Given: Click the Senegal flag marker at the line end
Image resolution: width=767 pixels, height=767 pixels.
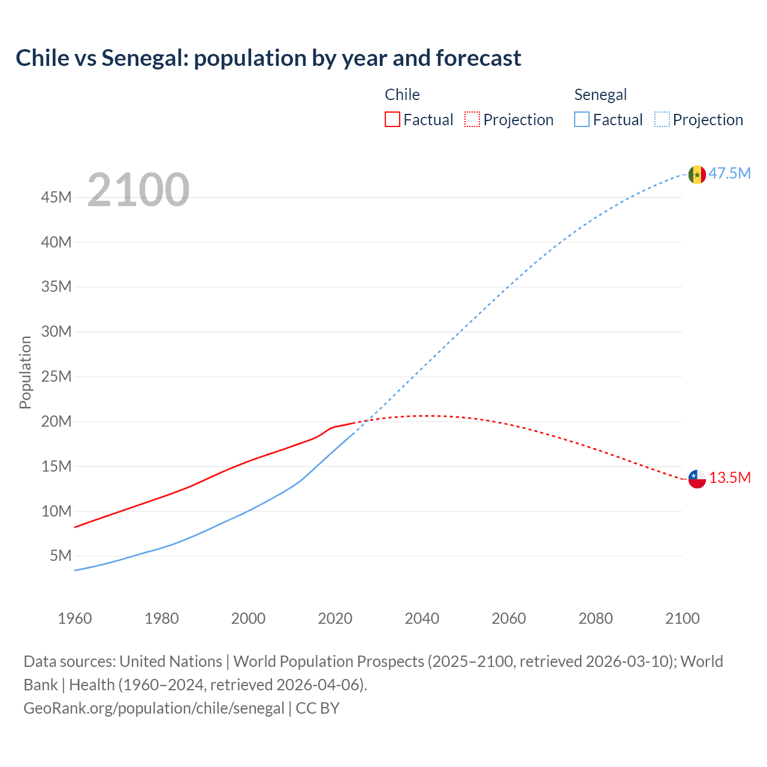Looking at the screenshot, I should click(x=697, y=174).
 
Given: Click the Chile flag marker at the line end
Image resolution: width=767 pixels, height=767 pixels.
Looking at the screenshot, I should click(x=697, y=479).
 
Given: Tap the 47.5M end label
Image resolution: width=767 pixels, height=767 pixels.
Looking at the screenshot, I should click(x=729, y=174).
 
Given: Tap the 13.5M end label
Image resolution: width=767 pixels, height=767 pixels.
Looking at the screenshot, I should click(x=729, y=478).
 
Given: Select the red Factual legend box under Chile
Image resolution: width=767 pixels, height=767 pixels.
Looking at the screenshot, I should click(x=392, y=119).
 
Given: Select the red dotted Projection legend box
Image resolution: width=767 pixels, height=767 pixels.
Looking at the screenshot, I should click(x=472, y=119).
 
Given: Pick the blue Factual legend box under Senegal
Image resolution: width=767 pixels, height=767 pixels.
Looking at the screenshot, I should click(x=581, y=119).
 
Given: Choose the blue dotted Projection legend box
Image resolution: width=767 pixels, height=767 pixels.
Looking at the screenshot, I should click(x=662, y=119).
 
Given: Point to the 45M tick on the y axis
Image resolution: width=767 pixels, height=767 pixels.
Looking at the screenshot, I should click(x=56, y=197).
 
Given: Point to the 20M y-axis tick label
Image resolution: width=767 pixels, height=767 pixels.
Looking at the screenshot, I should click(x=56, y=421).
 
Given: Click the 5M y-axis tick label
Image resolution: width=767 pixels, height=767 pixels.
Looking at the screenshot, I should click(x=61, y=555).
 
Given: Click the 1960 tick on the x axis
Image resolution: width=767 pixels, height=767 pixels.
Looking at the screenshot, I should click(x=75, y=618).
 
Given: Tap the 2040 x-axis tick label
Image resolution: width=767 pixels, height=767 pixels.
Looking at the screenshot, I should click(x=422, y=618).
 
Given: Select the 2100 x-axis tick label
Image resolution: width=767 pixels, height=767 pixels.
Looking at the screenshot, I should click(x=682, y=618).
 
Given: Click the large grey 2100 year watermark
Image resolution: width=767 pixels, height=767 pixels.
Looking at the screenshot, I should click(x=138, y=190).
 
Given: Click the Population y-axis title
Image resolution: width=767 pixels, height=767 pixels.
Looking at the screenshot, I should click(x=25, y=372).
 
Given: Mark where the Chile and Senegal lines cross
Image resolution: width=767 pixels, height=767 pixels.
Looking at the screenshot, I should click(x=366, y=420).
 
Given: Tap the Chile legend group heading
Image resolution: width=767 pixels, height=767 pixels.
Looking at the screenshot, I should click(x=402, y=95).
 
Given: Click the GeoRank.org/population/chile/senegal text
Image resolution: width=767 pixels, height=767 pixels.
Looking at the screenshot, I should click(x=154, y=708).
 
